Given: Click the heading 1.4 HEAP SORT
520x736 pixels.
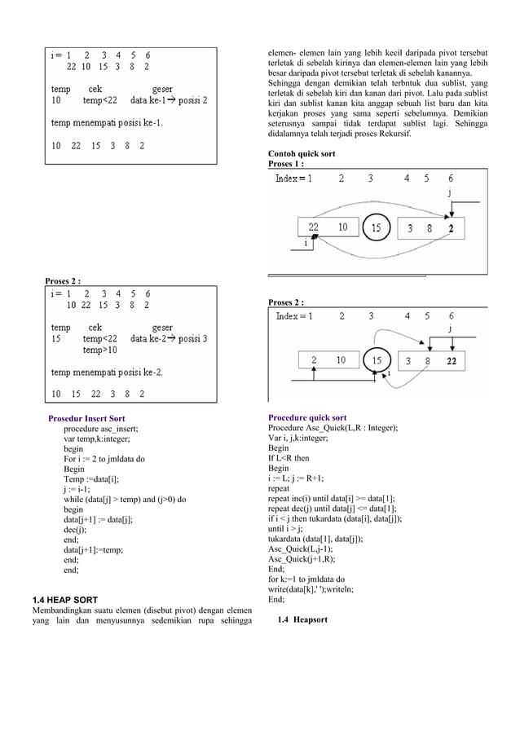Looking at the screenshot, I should tap(64, 600).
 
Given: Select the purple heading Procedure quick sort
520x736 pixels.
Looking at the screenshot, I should tap(307, 418).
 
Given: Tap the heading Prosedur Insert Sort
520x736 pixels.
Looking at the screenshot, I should tap(86, 418).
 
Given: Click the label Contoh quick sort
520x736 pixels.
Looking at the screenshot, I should tap(302, 154).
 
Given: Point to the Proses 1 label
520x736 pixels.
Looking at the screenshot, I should tap(286, 164).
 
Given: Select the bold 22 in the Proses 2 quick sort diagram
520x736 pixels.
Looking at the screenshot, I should tap(452, 359).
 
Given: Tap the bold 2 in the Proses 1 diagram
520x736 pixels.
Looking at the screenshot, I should tap(451, 228).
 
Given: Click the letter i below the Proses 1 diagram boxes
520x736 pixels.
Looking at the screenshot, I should tap(305, 242).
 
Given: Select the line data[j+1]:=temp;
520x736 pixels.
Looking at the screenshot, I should tap(93, 550).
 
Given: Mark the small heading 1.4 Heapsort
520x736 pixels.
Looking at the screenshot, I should tap(302, 620).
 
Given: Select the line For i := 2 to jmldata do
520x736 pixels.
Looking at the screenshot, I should tap(104, 459).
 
